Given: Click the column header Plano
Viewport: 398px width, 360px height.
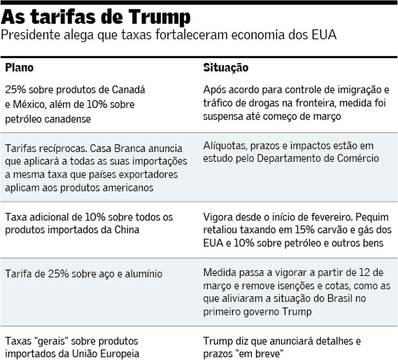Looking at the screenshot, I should pos(19,68).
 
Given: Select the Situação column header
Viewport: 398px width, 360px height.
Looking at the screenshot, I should pos(225,68).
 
